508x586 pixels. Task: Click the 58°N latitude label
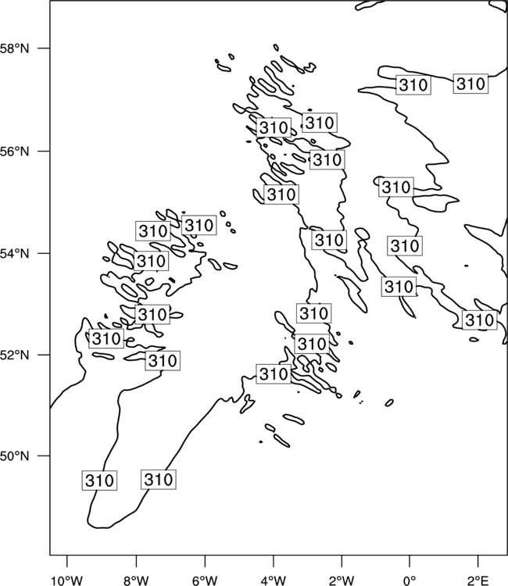point(15,48)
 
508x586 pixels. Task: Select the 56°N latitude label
point(15,152)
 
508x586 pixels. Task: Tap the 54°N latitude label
point(15,254)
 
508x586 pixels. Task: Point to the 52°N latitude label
point(15,355)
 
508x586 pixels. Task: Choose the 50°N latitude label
point(15,456)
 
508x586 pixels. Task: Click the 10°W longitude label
point(67,581)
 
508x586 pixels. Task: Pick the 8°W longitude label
point(136,581)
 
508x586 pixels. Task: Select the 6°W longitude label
point(205,581)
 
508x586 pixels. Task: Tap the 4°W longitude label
point(274,581)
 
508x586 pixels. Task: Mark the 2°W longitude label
point(342,581)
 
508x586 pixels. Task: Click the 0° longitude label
point(410,581)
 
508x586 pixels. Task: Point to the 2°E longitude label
point(478,581)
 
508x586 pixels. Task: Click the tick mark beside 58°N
point(44,48)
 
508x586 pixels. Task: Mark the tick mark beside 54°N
point(44,253)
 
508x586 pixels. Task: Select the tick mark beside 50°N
point(44,456)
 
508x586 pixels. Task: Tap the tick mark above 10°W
point(67,561)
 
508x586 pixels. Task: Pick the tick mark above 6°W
point(205,561)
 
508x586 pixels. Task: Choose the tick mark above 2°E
point(478,561)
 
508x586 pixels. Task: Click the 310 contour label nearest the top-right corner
point(470,84)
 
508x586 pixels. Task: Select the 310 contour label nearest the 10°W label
point(99,481)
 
